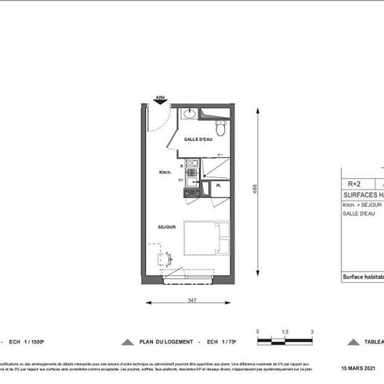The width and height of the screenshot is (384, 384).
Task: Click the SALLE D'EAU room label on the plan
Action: (198, 140)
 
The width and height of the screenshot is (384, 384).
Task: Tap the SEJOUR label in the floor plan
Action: (165, 227)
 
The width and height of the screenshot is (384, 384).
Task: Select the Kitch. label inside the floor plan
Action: (165, 172)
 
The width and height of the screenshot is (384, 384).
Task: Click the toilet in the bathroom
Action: (221, 128)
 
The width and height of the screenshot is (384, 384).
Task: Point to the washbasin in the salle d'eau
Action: (190, 114)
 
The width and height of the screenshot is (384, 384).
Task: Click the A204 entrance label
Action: (160, 97)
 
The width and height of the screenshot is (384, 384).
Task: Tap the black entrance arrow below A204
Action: (160, 103)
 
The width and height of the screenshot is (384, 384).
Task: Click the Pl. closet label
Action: (219, 186)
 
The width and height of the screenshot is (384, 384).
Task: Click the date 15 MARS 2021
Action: (361, 368)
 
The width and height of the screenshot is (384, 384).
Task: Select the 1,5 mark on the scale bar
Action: (285, 332)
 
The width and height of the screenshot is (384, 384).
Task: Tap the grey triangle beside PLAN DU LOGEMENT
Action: (127, 343)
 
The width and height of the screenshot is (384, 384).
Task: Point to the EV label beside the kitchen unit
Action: (180, 180)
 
